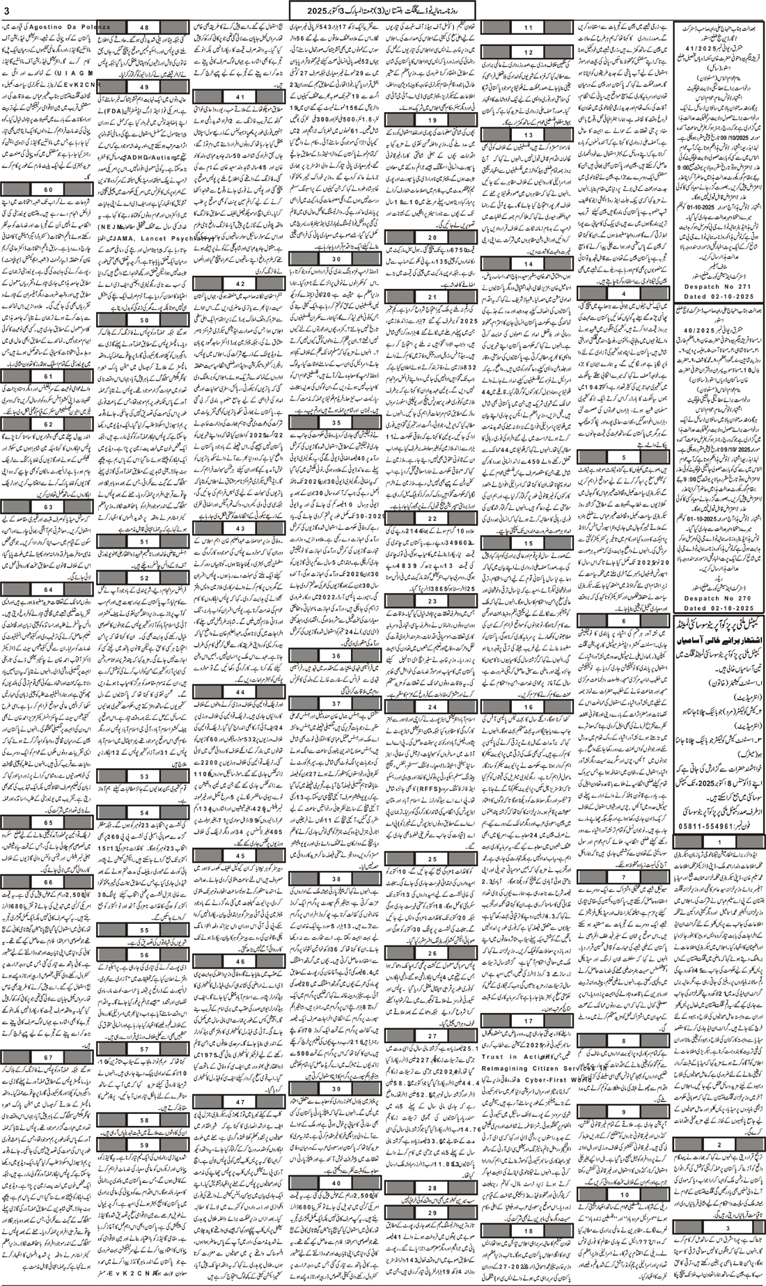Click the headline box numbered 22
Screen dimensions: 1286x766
tap(432, 518)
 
